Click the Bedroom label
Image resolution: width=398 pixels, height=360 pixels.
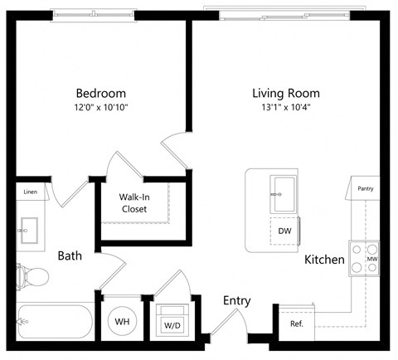point(100,93)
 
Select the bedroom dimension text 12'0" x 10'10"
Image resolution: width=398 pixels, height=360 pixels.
point(100,107)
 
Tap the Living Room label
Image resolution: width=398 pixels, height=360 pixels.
point(285,93)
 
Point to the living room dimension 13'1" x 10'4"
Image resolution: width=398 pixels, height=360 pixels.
point(285,107)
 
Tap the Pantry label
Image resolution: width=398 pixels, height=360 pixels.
point(365,188)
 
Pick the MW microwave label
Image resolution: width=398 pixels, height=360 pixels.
point(372,260)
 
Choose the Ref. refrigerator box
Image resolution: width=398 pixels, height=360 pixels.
point(297,324)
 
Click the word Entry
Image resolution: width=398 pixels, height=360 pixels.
point(236,301)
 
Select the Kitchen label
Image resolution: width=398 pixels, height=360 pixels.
point(324,260)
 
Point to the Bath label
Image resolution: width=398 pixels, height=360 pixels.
point(70,256)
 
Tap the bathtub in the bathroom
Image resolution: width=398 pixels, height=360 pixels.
point(55,321)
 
